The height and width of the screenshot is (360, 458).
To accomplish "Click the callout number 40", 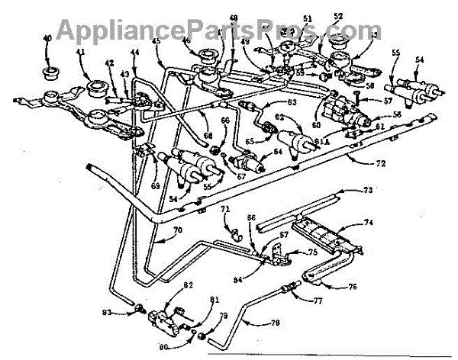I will [47, 38].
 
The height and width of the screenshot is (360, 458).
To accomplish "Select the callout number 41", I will [80, 53].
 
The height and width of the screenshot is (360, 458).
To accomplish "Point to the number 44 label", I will [135, 53].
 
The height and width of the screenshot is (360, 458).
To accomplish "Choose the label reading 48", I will [233, 18].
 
